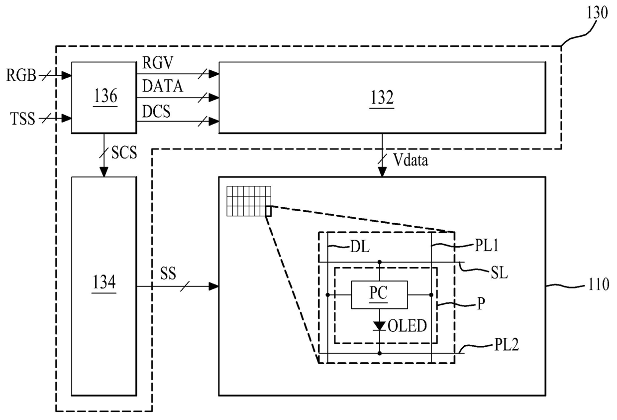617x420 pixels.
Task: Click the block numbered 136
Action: click(x=104, y=98)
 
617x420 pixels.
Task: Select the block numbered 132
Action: click(x=382, y=98)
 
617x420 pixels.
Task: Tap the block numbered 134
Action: click(x=104, y=286)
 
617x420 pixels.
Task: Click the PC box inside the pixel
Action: click(x=380, y=295)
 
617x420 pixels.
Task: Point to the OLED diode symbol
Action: click(x=380, y=326)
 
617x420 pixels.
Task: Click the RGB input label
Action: click(x=21, y=75)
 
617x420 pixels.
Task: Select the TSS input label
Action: click(x=22, y=119)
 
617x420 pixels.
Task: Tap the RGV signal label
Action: click(x=158, y=62)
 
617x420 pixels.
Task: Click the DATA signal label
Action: click(x=163, y=86)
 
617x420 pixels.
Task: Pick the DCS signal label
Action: click(x=156, y=111)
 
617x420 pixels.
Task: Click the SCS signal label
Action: click(x=124, y=152)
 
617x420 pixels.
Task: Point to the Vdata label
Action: click(x=411, y=159)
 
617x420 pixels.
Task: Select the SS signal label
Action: click(x=168, y=274)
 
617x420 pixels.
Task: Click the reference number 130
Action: click(x=597, y=12)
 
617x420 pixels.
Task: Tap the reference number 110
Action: click(x=599, y=284)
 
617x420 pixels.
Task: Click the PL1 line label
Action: click(x=487, y=245)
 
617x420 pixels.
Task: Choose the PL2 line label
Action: click(x=506, y=344)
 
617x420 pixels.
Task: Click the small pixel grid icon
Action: click(x=249, y=201)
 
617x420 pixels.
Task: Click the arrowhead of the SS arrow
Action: click(x=214, y=286)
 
